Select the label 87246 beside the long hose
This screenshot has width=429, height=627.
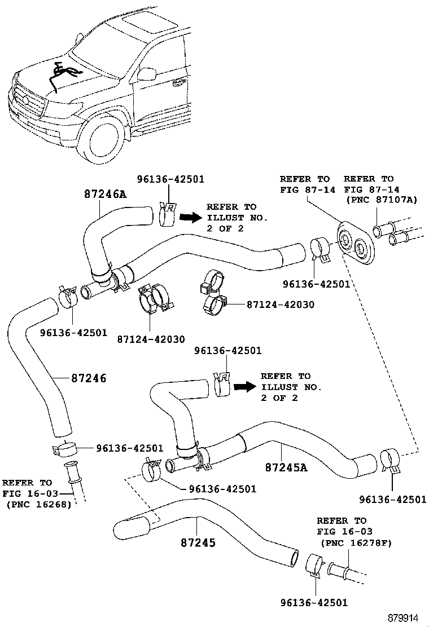click(x=89, y=378)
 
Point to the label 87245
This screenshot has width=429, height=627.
click(x=199, y=542)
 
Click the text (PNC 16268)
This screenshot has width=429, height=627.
click(x=38, y=504)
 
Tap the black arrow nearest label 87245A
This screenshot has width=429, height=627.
click(x=243, y=387)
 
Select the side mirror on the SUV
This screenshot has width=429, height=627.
click(x=147, y=74)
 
